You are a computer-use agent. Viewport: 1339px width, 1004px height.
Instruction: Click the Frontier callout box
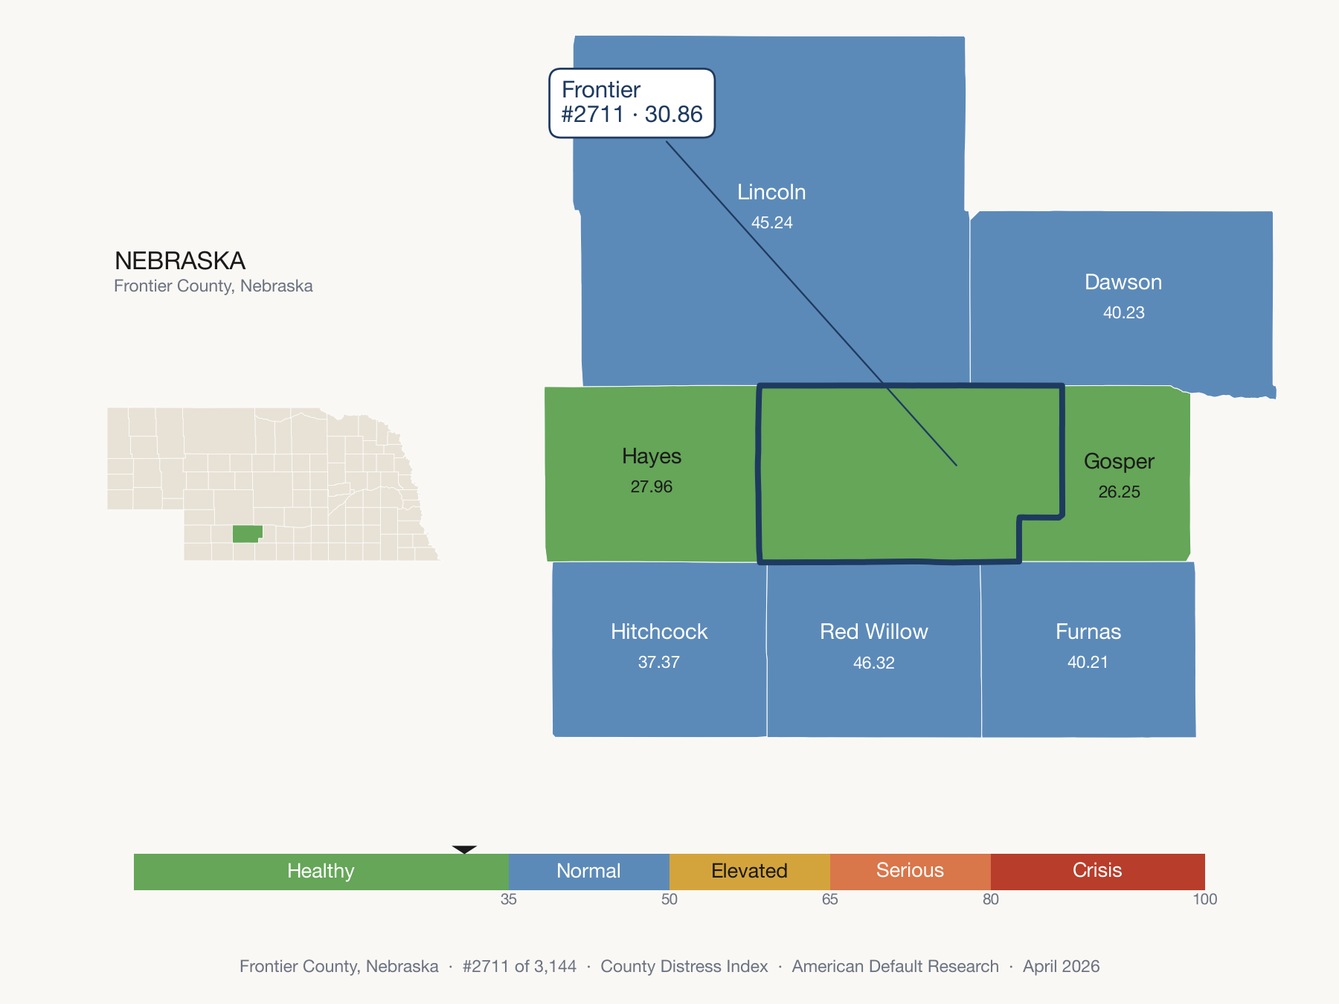coord(632,103)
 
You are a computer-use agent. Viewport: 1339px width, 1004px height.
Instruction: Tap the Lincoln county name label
coord(771,192)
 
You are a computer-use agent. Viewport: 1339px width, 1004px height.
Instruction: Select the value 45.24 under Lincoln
coord(771,222)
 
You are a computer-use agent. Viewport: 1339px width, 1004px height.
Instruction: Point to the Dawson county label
coord(1123,282)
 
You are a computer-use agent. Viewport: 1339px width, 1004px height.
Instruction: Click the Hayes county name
coord(652,456)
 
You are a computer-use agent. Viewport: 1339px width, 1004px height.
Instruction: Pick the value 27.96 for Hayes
coord(652,486)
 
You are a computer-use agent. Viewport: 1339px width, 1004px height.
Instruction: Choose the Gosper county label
coord(1119,462)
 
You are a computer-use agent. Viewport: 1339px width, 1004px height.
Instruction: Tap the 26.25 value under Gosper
coord(1119,492)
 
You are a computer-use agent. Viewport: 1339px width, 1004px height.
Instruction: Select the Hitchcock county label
coord(659,631)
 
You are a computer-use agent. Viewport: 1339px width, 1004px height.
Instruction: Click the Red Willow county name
coord(874,631)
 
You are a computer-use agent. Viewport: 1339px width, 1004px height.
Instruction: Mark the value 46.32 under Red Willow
coord(874,663)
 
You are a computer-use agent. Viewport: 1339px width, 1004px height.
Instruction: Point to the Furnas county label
coord(1088,631)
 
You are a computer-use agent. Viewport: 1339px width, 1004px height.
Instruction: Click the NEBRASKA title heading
coord(180,261)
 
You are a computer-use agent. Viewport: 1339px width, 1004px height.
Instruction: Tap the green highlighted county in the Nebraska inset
coord(246,533)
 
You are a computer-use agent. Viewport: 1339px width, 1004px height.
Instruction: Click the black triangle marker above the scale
coord(464,849)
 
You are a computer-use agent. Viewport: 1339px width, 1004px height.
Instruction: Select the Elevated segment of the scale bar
coord(750,872)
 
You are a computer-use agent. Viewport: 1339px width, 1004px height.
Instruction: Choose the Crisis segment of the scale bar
coord(1098,872)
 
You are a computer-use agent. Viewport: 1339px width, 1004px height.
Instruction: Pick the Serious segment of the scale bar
coord(911,872)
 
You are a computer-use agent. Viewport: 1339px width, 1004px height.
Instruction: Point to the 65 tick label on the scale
coord(830,899)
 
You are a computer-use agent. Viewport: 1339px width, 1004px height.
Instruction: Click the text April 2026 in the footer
coord(1061,966)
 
